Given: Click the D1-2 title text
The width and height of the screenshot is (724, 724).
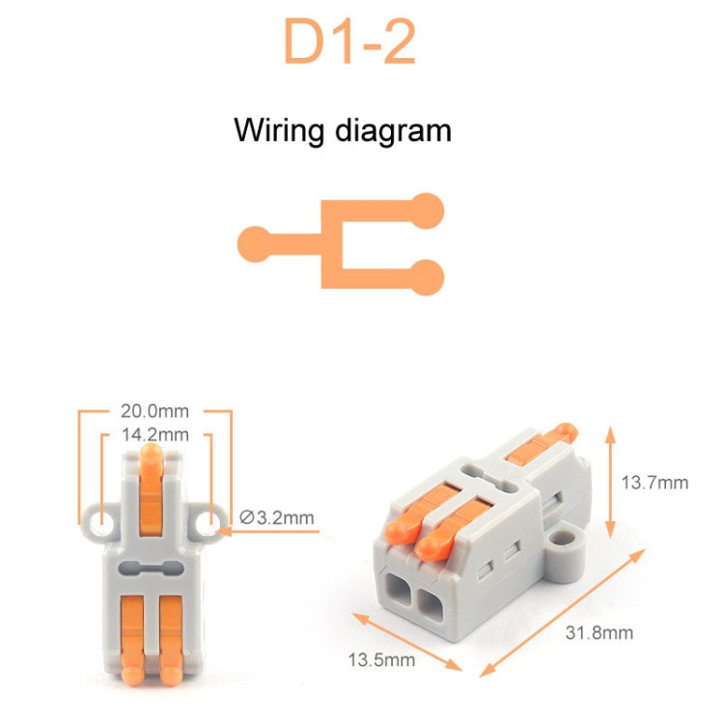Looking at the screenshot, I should (x=348, y=42).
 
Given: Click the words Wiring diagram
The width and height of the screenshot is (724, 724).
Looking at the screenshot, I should (x=342, y=130).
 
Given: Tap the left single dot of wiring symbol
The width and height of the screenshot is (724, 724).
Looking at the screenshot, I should (x=255, y=241).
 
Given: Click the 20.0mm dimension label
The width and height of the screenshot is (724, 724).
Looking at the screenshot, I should (x=155, y=410).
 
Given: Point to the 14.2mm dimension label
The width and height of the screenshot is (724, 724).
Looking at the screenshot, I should (x=154, y=434).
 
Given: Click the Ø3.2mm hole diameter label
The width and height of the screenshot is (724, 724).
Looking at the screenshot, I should (x=276, y=517).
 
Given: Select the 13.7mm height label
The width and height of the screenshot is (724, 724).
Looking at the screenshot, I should (x=654, y=483).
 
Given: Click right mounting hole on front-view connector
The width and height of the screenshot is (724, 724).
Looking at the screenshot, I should (x=207, y=522).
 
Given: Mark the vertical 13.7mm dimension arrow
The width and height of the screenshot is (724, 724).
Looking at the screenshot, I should (x=610, y=483).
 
